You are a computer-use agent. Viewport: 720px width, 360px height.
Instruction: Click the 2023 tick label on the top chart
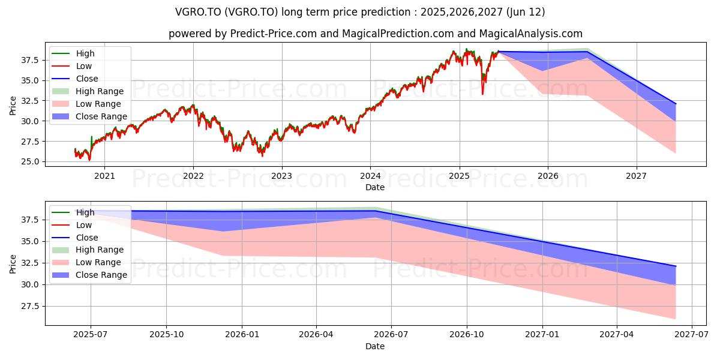coord(281,176)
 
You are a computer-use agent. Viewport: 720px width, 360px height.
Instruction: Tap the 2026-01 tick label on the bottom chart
coord(242,335)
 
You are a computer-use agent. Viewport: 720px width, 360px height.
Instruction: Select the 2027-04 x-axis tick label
coord(617,335)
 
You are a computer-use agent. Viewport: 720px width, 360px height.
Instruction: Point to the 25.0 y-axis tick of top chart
coord(30,161)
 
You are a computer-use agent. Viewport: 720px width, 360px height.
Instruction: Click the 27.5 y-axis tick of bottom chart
coord(30,306)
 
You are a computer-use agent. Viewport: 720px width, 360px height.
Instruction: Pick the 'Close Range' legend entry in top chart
coord(89,116)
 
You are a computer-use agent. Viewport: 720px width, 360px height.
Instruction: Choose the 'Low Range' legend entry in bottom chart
coord(86,262)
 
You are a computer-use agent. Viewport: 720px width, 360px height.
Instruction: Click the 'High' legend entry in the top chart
coord(73,53)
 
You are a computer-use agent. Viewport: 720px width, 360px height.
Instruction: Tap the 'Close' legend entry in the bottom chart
coord(75,238)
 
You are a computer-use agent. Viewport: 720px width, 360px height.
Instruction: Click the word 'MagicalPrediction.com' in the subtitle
coord(398,34)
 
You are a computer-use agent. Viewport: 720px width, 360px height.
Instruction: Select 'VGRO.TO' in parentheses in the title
coord(251,12)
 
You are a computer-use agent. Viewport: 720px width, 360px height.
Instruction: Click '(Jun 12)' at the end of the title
coord(525,12)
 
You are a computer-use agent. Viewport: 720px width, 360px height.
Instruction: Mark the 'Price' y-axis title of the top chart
coord(13,106)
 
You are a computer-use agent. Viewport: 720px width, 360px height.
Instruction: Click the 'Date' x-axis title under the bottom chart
coord(375,346)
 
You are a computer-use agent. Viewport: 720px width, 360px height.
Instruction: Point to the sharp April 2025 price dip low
coord(482,94)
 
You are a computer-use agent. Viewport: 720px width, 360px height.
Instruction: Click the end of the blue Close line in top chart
coord(676,104)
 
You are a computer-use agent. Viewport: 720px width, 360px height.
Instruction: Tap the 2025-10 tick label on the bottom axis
coord(167,335)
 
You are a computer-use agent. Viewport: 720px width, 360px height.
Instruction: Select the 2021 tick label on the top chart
coord(104,176)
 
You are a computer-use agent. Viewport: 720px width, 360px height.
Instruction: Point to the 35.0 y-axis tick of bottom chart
coord(30,241)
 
